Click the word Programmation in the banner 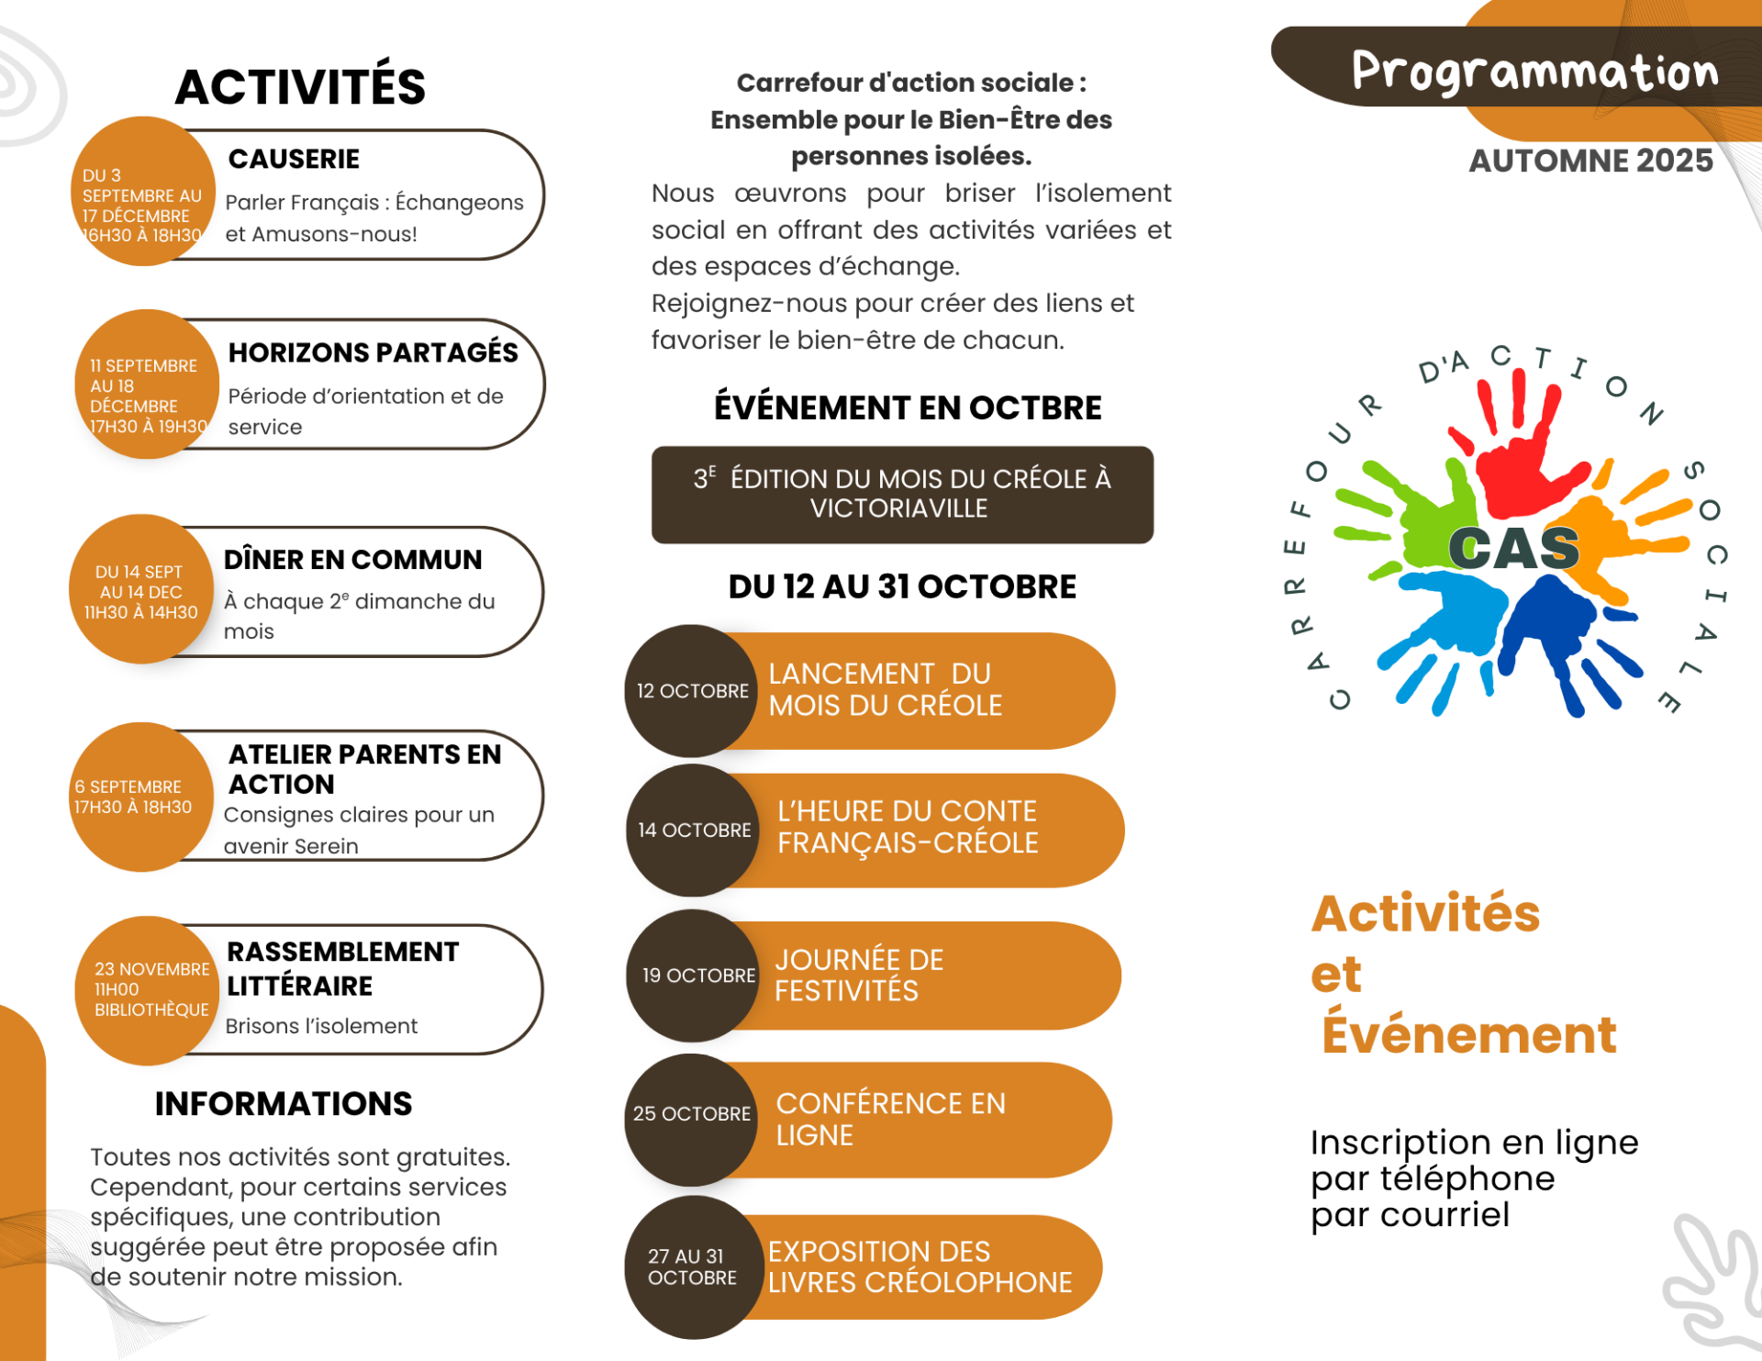pyautogui.click(x=1534, y=73)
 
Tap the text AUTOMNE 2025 pyautogui.click(x=1590, y=161)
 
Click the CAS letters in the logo pyautogui.click(x=1514, y=549)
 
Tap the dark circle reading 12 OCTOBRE pyautogui.click(x=691, y=691)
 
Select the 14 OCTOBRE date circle pyautogui.click(x=693, y=830)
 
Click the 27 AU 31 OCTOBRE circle pyautogui.click(x=691, y=1266)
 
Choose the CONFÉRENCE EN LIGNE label pyautogui.click(x=890, y=1119)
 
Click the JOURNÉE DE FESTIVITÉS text pyautogui.click(x=858, y=975)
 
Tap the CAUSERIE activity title pyautogui.click(x=294, y=159)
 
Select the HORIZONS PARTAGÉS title pyautogui.click(x=373, y=352)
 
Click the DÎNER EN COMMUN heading pyautogui.click(x=352, y=559)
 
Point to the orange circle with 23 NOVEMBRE pyautogui.click(x=147, y=989)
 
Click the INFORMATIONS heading pyautogui.click(x=284, y=1103)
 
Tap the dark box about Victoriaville pyautogui.click(x=902, y=494)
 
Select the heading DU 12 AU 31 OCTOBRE pyautogui.click(x=902, y=586)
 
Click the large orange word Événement pyautogui.click(x=1468, y=1034)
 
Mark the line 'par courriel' pyautogui.click(x=1410, y=1214)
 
